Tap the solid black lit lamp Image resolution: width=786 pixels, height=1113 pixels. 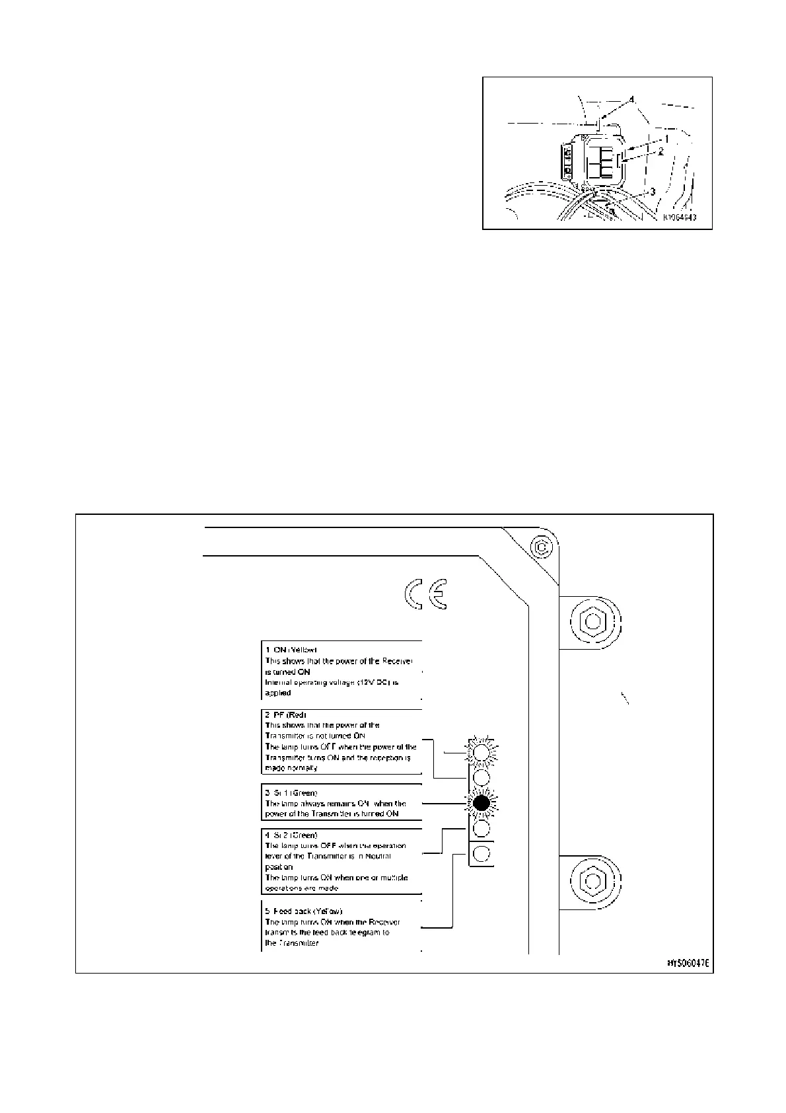(482, 802)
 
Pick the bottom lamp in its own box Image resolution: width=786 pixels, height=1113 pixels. (482, 853)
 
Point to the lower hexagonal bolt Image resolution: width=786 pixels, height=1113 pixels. (592, 881)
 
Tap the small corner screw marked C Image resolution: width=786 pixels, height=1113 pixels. (541, 547)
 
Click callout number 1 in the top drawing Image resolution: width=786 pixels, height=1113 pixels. (668, 139)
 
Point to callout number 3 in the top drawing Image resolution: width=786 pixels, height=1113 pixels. (653, 192)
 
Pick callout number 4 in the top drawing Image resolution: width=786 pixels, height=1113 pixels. (632, 100)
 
